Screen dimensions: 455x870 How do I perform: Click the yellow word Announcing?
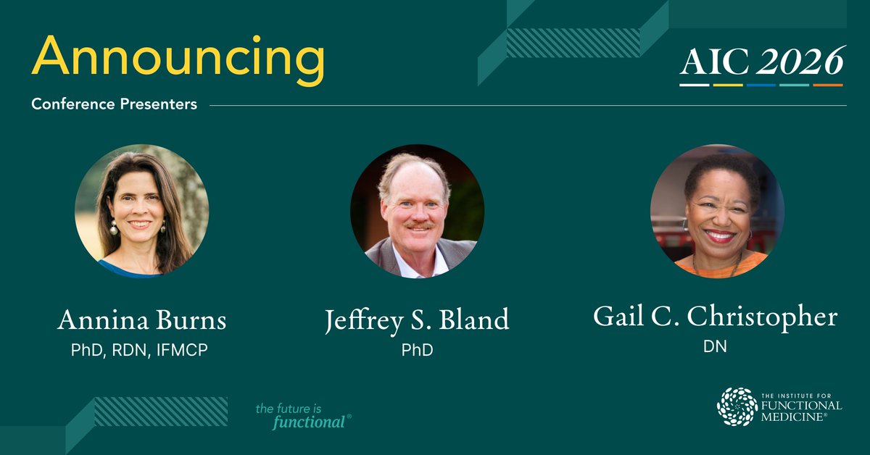click(x=178, y=59)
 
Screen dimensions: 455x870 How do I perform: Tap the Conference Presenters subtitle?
click(x=114, y=104)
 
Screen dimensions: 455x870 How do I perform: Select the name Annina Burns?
click(x=141, y=320)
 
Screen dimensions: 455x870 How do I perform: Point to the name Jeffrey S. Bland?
click(x=417, y=320)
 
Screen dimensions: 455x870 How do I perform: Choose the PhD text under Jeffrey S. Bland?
click(x=417, y=351)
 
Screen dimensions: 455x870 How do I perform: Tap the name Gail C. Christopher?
click(x=715, y=317)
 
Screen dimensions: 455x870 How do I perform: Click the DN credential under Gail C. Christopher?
click(x=715, y=347)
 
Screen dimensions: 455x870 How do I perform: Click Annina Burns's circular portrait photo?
click(x=142, y=210)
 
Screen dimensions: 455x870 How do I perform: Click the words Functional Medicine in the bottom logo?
click(x=801, y=409)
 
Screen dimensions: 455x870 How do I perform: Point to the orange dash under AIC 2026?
click(x=827, y=85)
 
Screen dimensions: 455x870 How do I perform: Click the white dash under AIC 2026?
click(x=694, y=85)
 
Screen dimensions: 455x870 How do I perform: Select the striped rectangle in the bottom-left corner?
click(x=160, y=411)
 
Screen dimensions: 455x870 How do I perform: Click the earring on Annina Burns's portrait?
click(x=113, y=228)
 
